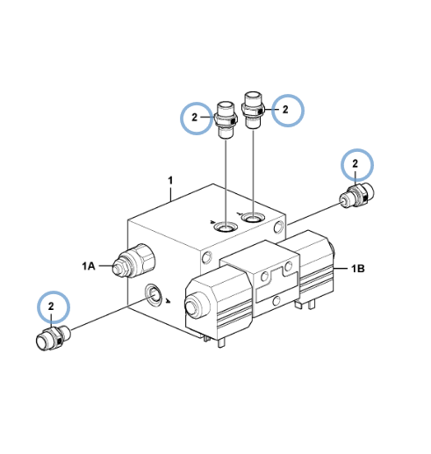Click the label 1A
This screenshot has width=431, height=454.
[x=89, y=266]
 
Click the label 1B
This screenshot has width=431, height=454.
[x=357, y=268]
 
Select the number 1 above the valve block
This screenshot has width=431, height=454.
[x=170, y=180]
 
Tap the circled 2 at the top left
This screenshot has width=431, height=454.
[x=194, y=118]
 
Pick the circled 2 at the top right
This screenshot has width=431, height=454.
[x=285, y=110]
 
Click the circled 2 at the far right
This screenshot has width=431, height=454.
[x=355, y=163]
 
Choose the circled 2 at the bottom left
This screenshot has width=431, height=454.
[x=51, y=306]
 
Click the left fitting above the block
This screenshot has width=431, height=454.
[x=226, y=120]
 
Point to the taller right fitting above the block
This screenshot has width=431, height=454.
[x=253, y=110]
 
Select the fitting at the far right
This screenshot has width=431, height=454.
[x=357, y=196]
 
